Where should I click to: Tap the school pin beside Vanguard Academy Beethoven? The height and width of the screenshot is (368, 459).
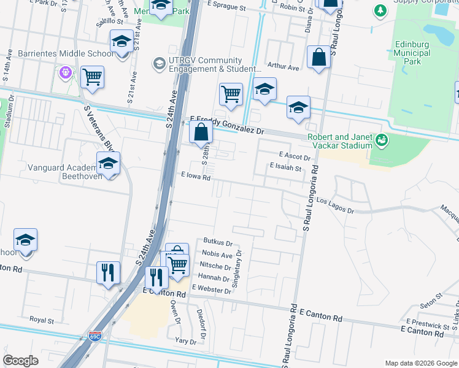tap(108, 164)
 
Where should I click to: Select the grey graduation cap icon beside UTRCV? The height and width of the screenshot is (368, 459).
tap(159, 64)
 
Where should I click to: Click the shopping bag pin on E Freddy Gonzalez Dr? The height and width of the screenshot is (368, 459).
tap(201, 131)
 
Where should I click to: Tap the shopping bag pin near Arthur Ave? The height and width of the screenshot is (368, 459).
tap(319, 58)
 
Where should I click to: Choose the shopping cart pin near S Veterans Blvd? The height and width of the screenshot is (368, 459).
tap(92, 78)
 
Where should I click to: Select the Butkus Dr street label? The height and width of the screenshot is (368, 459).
tap(218, 243)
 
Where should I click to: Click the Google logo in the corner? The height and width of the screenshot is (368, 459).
tap(20, 361)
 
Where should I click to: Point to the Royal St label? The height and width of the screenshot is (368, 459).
tap(42, 320)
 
